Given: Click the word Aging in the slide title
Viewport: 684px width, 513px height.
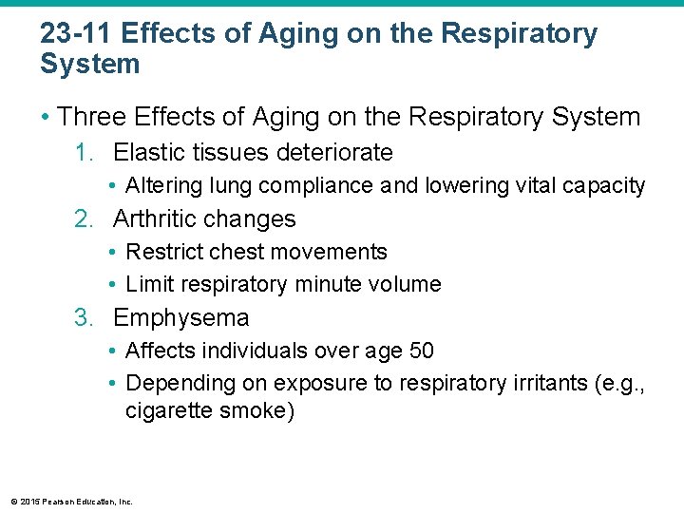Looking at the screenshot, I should pyautogui.click(x=283, y=34).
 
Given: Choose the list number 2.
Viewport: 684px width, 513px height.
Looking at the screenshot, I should pyautogui.click(x=84, y=218).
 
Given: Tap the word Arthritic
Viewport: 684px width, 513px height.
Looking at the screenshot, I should pyautogui.click(x=156, y=218).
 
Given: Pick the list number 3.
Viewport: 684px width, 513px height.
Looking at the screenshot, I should pyautogui.click(x=84, y=317).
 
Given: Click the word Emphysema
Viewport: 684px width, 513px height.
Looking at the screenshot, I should pyautogui.click(x=180, y=317).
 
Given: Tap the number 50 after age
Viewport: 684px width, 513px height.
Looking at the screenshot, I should pyautogui.click(x=421, y=351).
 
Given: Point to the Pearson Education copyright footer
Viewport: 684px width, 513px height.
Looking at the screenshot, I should pyautogui.click(x=71, y=501).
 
